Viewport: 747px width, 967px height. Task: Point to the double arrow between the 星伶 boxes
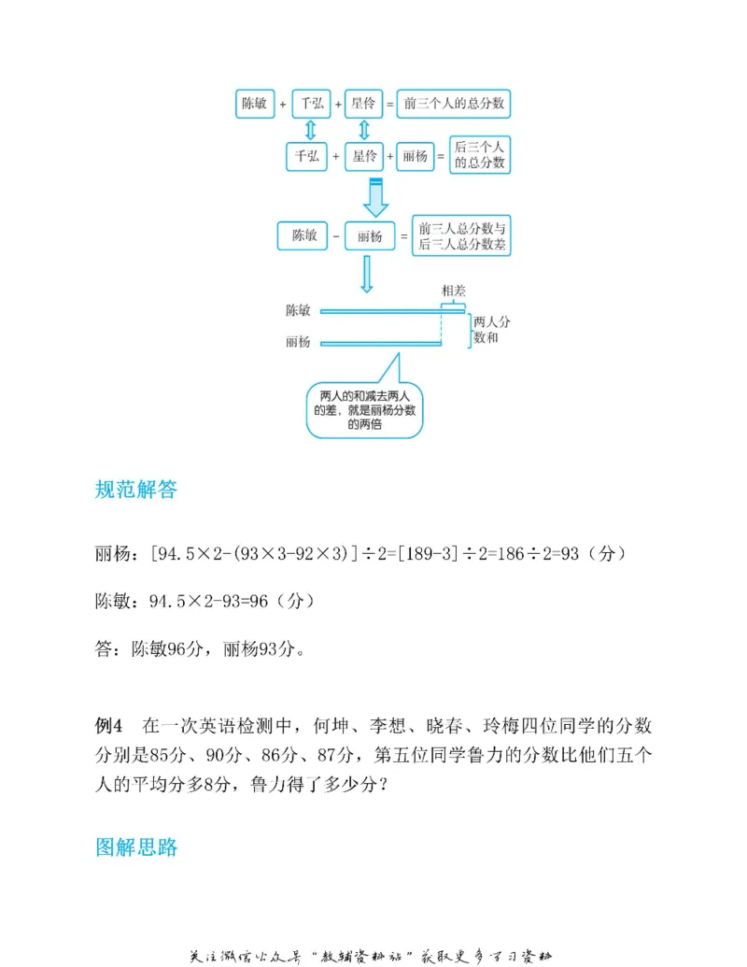click(363, 130)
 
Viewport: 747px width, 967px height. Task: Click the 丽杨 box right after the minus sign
click(370, 236)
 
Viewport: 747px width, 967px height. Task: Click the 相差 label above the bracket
click(454, 292)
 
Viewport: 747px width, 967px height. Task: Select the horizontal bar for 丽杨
click(380, 344)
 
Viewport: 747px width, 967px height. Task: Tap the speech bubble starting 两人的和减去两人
click(365, 408)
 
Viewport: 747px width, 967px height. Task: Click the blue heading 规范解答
click(135, 490)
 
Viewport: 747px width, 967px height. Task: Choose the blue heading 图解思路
click(136, 847)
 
